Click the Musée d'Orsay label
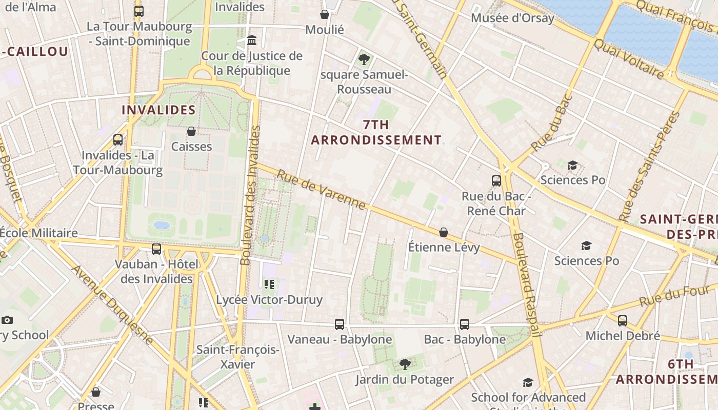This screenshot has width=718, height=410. click(x=512, y=18)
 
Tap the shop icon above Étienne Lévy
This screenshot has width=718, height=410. click(x=444, y=232)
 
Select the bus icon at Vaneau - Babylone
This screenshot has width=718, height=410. click(x=340, y=324)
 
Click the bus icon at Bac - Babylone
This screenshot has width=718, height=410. click(x=465, y=324)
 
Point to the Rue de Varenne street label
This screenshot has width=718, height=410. click(x=322, y=190)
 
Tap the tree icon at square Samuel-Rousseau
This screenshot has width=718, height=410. click(x=364, y=59)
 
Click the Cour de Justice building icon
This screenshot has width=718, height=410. click(x=252, y=40)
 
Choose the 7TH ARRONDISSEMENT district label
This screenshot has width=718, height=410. click(x=376, y=132)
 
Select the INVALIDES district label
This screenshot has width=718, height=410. click(x=158, y=110)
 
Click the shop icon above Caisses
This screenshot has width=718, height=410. click(x=191, y=131)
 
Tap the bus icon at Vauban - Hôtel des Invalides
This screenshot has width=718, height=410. click(x=156, y=249)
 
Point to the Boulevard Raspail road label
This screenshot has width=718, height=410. click(x=528, y=284)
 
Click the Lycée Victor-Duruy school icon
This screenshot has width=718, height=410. click(x=269, y=284)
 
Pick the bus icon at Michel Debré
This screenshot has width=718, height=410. click(x=623, y=321)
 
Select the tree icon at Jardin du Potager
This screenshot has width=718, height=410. click(x=405, y=364)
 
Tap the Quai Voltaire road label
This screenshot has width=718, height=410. click(x=628, y=58)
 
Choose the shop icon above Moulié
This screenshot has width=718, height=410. click(x=325, y=14)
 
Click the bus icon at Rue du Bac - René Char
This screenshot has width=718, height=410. click(x=496, y=180)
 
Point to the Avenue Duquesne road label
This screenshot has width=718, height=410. click(x=112, y=304)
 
